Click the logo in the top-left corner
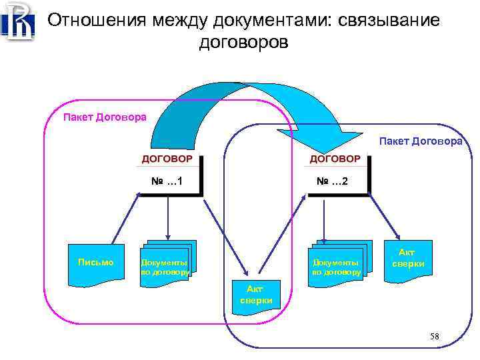click(18, 21)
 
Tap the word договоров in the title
click(243, 43)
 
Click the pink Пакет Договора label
click(105, 117)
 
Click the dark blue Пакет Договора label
click(420, 141)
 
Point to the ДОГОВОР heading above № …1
click(167, 159)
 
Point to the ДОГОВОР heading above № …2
click(335, 159)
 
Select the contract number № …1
click(167, 181)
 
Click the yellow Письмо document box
click(96, 263)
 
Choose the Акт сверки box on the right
click(407, 258)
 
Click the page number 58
click(435, 335)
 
